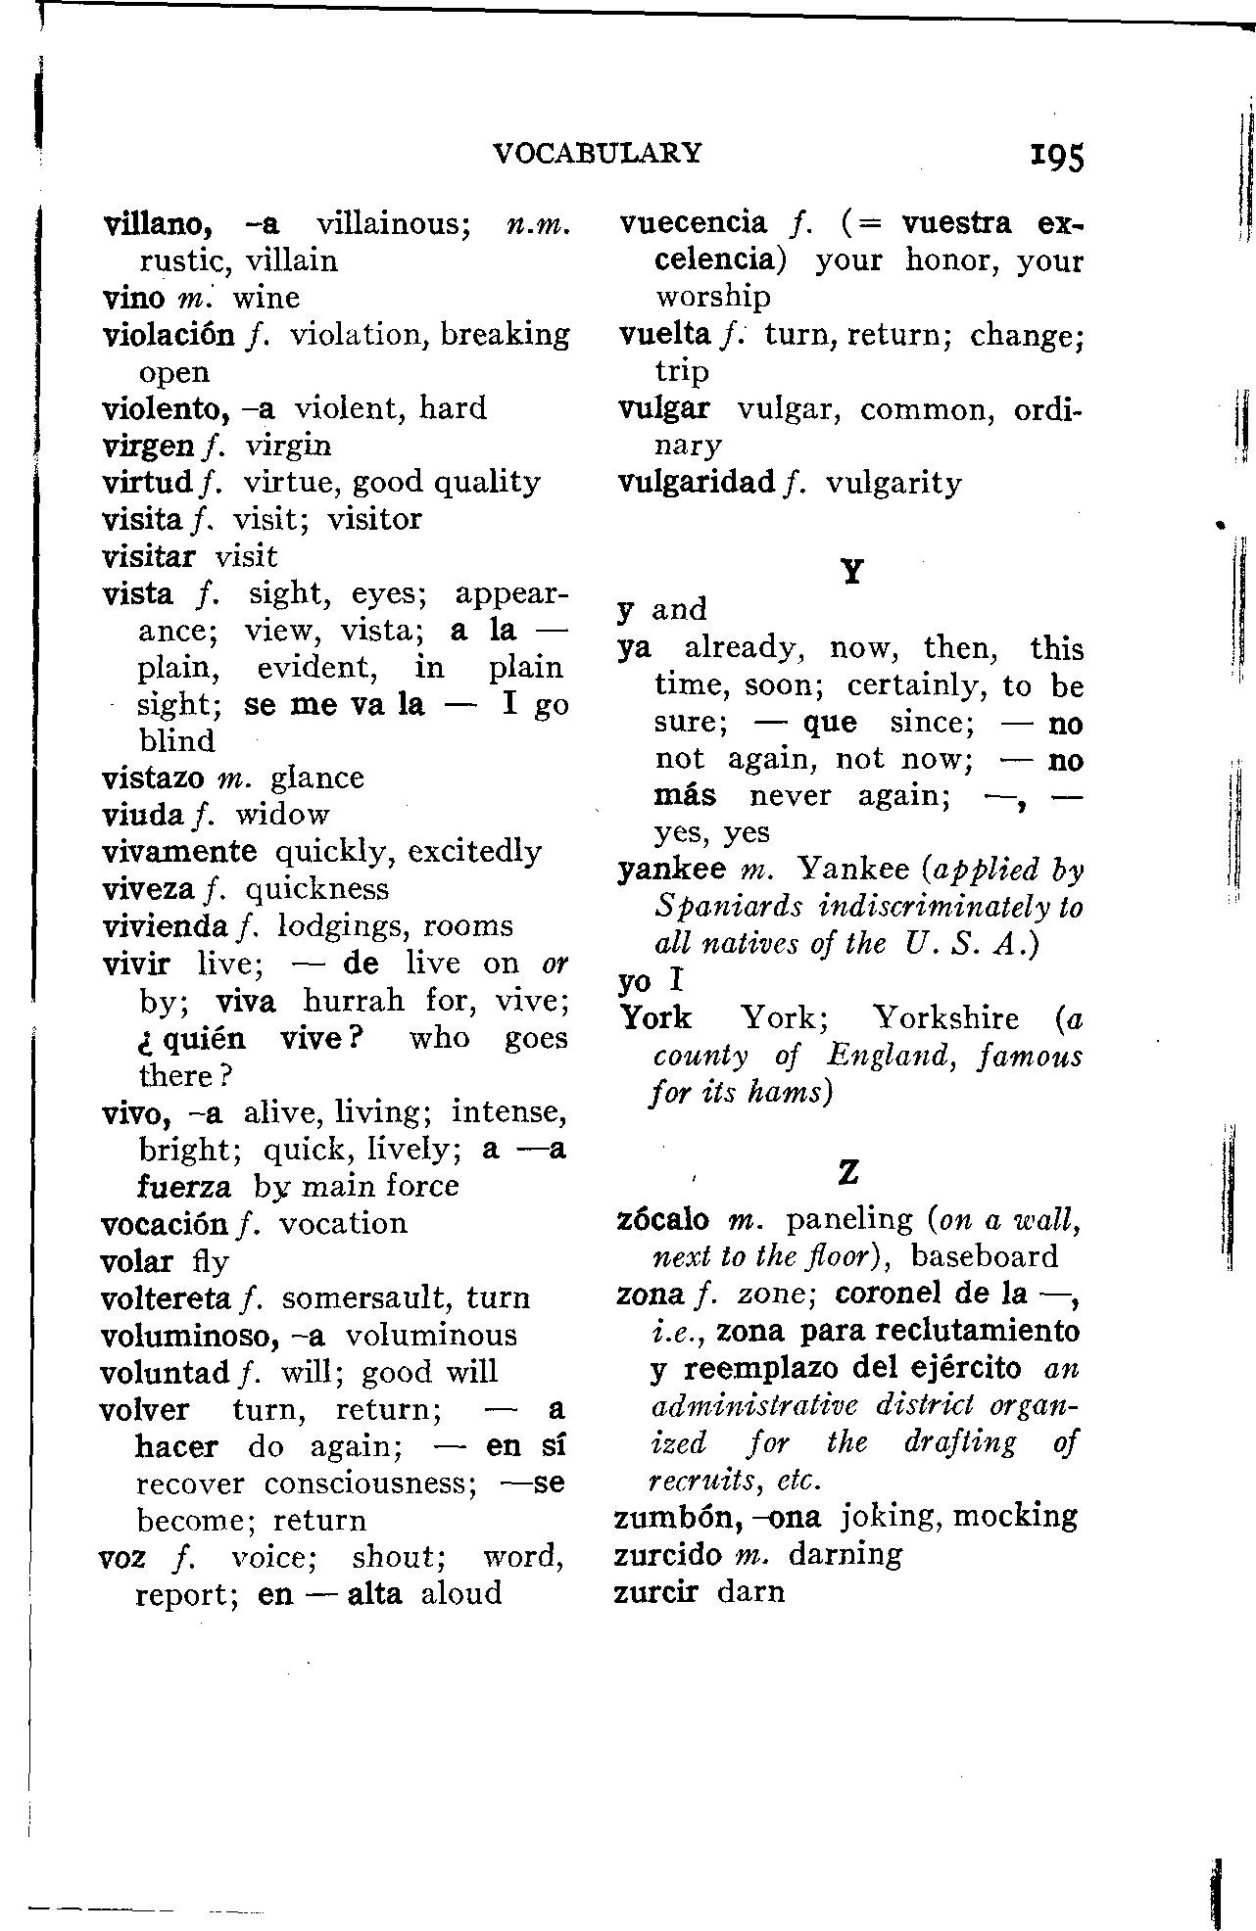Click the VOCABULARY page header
coord(598,153)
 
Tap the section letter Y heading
coord(852,572)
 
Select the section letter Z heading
coord(849,1171)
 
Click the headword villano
coord(159,224)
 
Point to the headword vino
coord(132,298)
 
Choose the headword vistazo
coord(152,778)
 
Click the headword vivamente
coord(179,852)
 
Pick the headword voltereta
coord(166,1298)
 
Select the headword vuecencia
coord(694,223)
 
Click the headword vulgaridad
coord(697,483)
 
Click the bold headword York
coord(655,1018)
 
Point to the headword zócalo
coord(663,1220)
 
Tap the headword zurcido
coord(667,1554)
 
